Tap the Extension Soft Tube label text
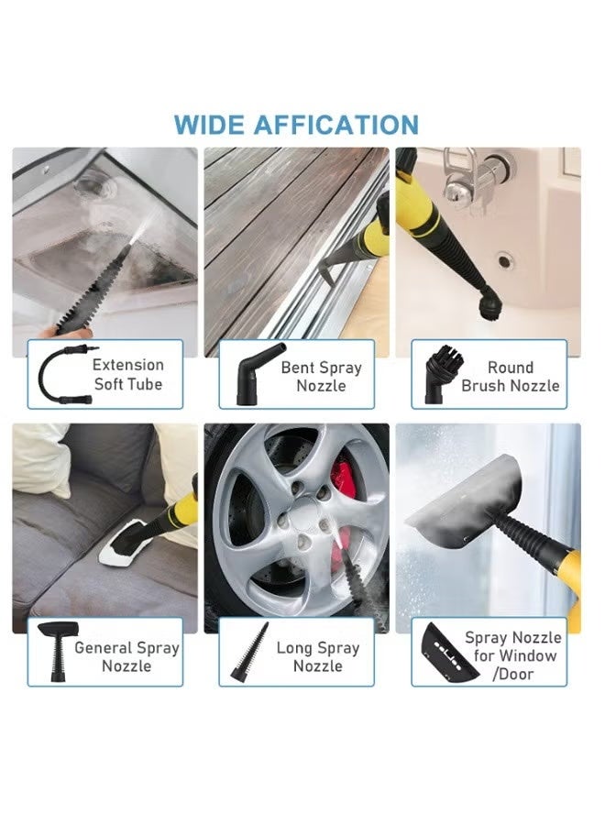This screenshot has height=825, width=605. [x=128, y=374]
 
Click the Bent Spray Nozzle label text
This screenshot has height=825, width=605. [x=321, y=376]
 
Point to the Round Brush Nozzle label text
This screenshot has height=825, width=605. [x=511, y=376]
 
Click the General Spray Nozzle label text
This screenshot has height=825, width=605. [x=126, y=655]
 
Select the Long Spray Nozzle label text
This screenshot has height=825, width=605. [x=318, y=655]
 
